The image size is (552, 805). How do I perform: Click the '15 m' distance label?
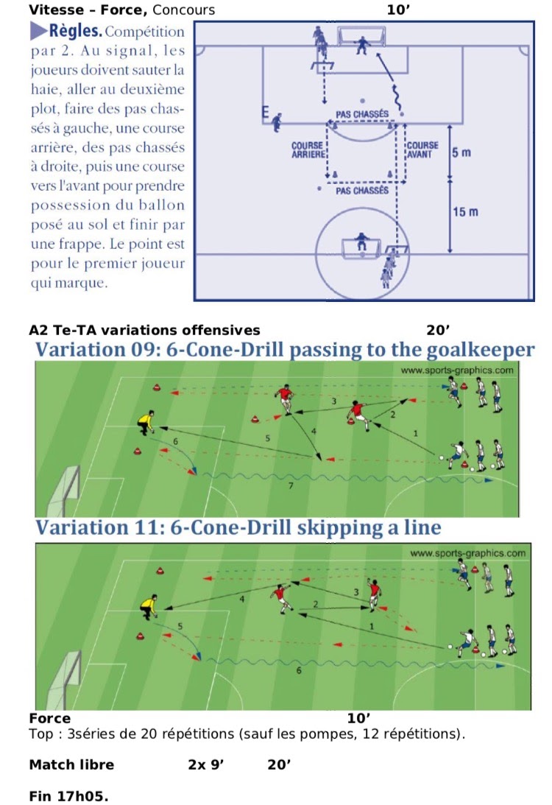click(x=466, y=212)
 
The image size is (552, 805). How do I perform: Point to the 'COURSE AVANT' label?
click(x=422, y=150)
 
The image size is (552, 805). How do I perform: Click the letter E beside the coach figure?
click(x=265, y=113)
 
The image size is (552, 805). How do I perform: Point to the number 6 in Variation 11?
click(x=298, y=671)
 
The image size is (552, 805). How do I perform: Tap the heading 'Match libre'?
click(x=71, y=764)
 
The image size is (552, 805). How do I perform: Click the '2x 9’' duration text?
click(x=205, y=764)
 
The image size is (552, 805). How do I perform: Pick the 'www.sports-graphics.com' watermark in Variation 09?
click(x=457, y=370)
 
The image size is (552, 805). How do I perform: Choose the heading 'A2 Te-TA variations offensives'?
click(x=144, y=330)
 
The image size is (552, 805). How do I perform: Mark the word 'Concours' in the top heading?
click(x=187, y=10)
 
